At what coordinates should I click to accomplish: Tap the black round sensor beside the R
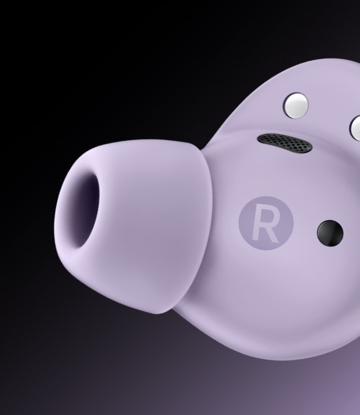(330, 233)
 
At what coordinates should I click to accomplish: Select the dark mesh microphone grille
(284, 143)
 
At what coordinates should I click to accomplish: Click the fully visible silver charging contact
(296, 105)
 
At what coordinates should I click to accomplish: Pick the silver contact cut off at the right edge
(355, 128)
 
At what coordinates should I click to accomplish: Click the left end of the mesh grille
(258, 138)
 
